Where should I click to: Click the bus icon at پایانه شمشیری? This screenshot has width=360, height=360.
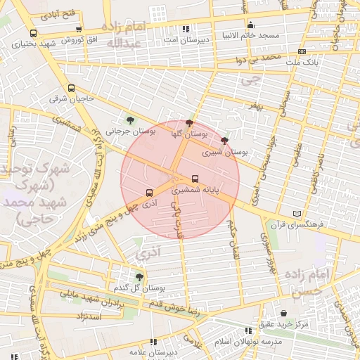click(195, 179)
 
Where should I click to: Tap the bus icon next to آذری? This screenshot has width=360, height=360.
click(149, 193)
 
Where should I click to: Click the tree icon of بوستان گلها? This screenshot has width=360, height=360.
click(189, 122)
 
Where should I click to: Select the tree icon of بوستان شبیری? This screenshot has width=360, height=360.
click(224, 141)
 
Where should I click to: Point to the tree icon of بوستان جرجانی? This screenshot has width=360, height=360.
click(129, 120)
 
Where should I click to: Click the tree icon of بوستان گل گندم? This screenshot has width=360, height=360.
click(139, 277)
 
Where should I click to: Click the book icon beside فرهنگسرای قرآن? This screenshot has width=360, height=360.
click(297, 214)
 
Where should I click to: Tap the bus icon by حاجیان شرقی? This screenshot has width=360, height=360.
click(71, 89)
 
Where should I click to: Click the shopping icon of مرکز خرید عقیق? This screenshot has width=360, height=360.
click(283, 314)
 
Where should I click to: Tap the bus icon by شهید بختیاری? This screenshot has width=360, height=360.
click(33, 33)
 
